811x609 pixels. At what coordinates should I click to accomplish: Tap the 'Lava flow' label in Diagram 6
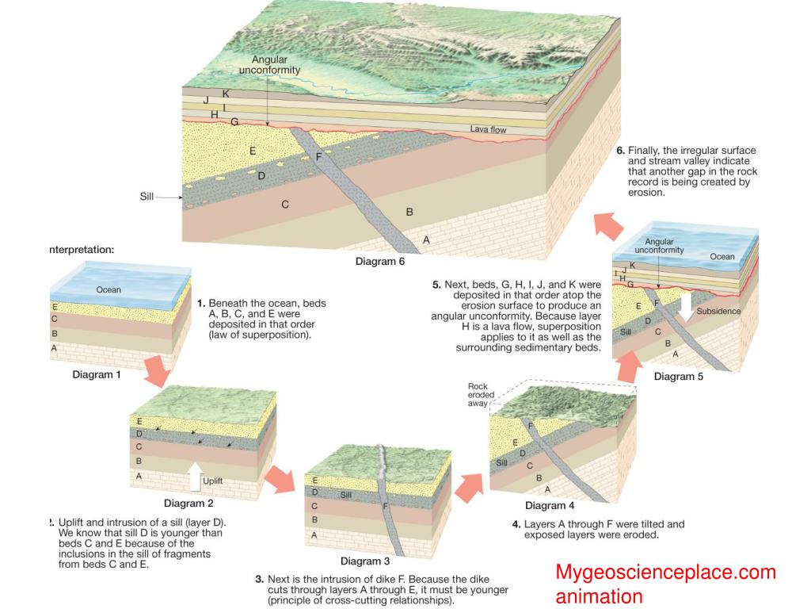click(488, 129)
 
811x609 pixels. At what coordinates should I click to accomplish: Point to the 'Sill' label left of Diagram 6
click(147, 196)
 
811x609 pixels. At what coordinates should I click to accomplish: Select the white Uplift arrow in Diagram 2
click(194, 475)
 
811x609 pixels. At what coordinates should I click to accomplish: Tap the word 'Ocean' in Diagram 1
click(109, 289)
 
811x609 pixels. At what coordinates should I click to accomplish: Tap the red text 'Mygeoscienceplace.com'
click(665, 572)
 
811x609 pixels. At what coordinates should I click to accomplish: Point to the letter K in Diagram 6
click(226, 94)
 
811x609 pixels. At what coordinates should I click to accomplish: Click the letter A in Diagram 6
click(426, 239)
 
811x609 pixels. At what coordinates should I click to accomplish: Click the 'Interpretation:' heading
click(82, 249)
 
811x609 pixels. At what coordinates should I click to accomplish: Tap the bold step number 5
click(436, 284)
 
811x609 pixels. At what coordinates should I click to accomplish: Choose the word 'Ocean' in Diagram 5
click(722, 256)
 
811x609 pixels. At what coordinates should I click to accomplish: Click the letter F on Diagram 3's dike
click(385, 505)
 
